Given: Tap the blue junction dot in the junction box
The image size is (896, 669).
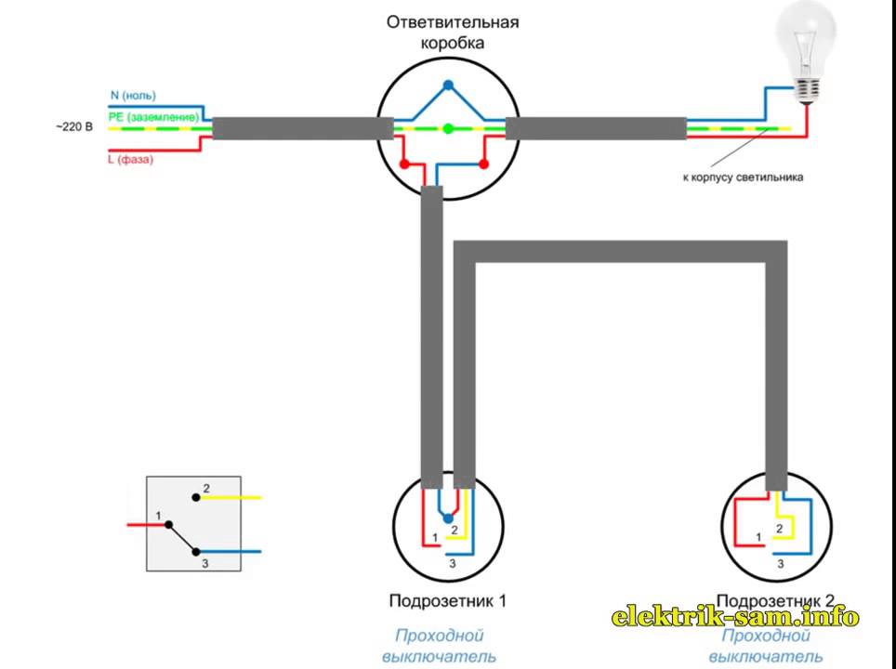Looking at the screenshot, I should click(448, 86).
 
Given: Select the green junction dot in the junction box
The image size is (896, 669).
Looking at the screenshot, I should click(448, 128).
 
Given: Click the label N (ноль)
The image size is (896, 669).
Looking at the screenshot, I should click(133, 96).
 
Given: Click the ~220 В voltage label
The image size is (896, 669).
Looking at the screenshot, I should click(74, 125).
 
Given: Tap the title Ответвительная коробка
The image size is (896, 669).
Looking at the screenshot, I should click(453, 32).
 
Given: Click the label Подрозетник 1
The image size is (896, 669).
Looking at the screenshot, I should click(448, 600).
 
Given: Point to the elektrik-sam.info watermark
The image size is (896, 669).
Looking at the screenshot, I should click(735, 617).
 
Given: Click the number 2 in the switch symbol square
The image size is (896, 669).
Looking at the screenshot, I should click(206, 488).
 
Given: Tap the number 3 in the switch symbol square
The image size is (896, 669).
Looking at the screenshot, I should click(206, 563).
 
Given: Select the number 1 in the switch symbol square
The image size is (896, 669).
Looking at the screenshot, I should click(160, 515).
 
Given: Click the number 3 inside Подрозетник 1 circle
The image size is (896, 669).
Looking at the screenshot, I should click(452, 564).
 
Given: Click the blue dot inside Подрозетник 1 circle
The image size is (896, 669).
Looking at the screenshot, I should click(448, 518).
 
